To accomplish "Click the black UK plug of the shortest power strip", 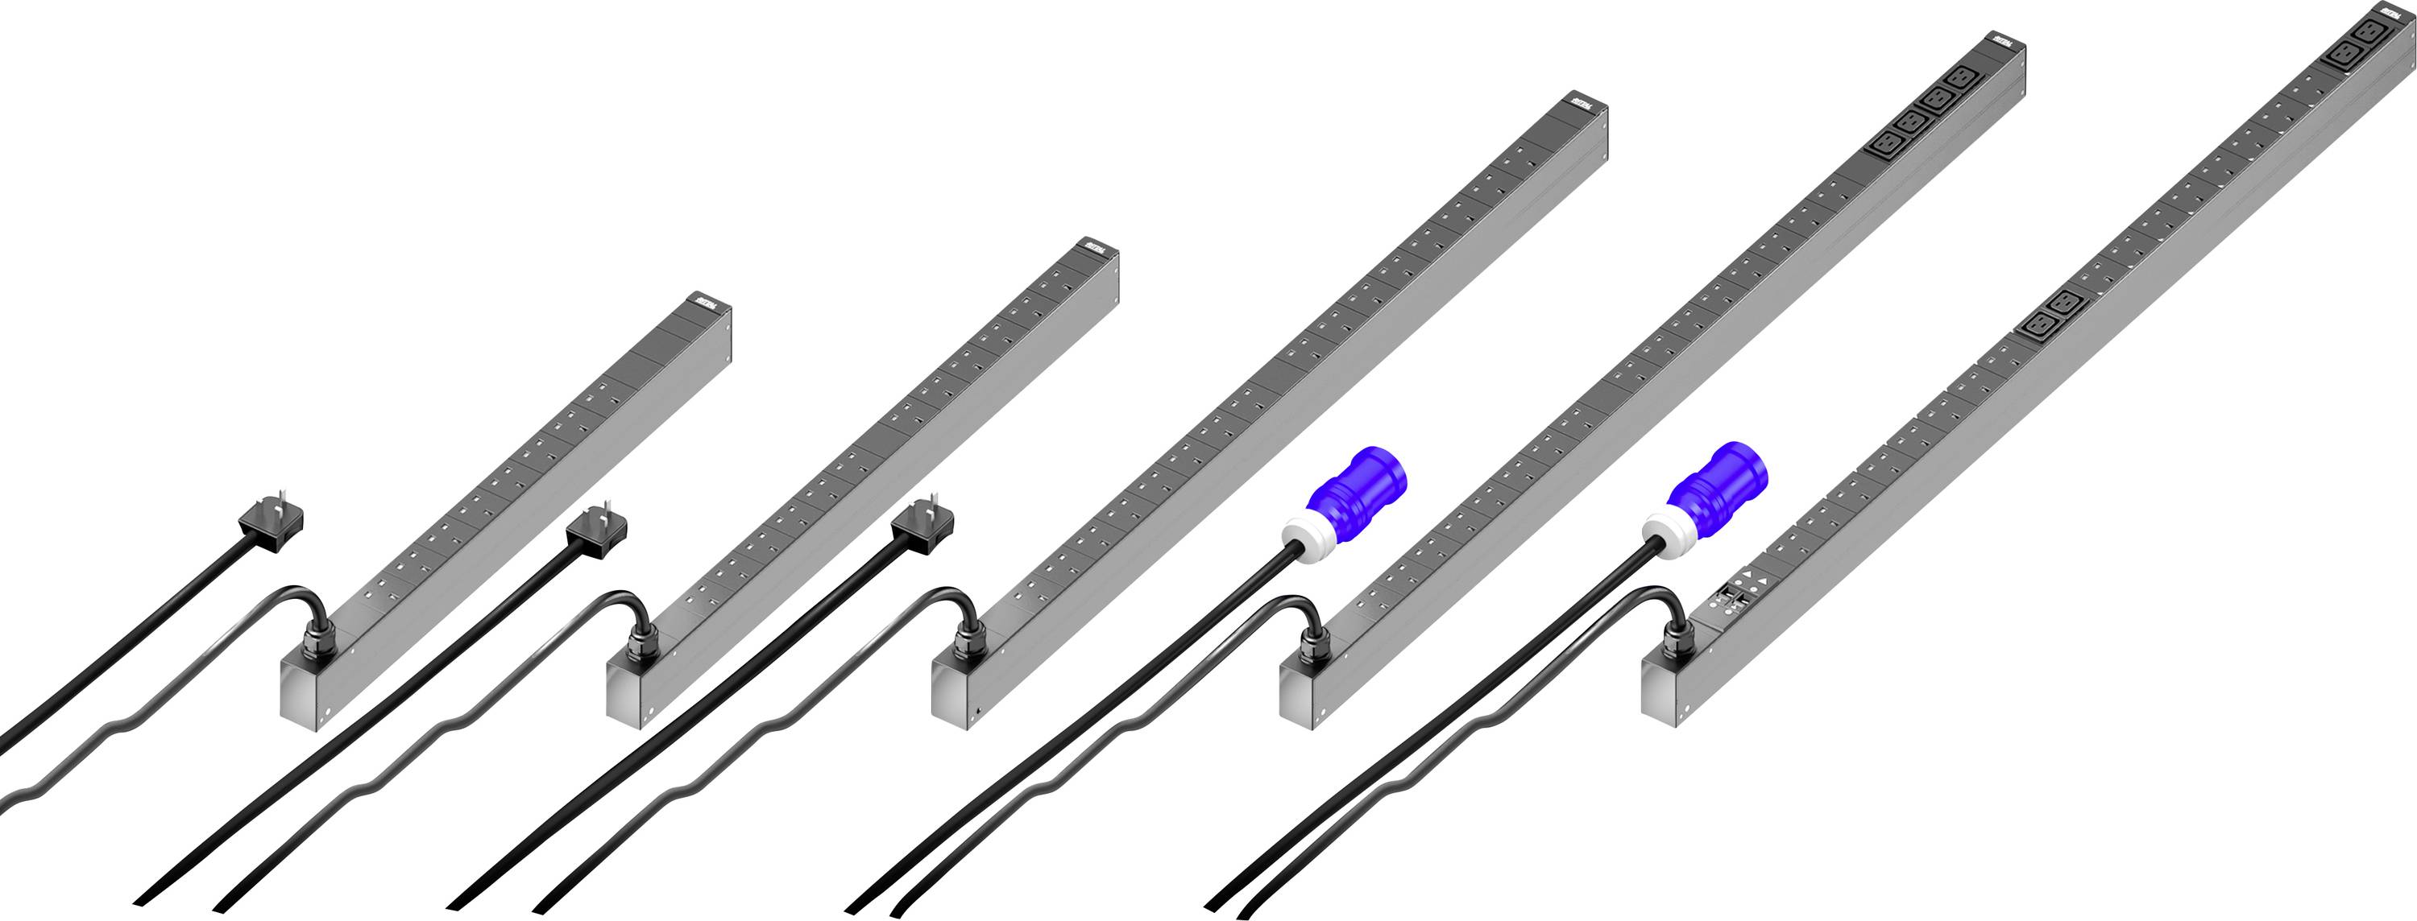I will click(x=274, y=523).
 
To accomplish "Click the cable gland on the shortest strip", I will click(x=313, y=644).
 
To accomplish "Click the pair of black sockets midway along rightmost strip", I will click(x=2052, y=314).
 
